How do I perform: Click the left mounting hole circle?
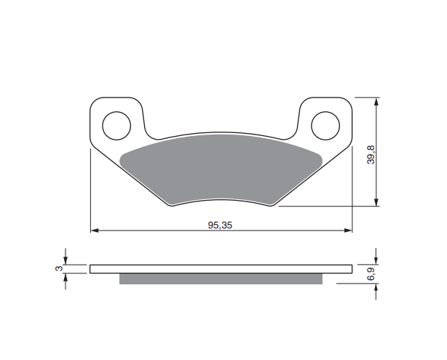[116, 125]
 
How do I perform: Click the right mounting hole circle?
[325, 125]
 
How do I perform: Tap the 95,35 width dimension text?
[220, 225]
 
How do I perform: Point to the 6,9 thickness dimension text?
[371, 275]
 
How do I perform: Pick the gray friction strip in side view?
[220, 279]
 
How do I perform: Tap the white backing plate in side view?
[220, 268]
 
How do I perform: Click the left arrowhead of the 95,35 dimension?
[94, 232]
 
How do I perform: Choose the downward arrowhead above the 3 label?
[66, 260]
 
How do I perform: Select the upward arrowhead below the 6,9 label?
[376, 289]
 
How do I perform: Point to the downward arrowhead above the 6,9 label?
[376, 260]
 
